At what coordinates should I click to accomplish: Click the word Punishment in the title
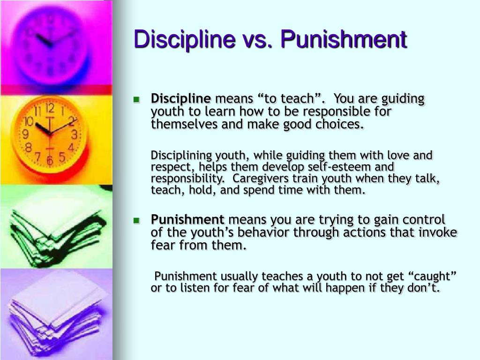[344, 39]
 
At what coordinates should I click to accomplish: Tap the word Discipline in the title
[185, 39]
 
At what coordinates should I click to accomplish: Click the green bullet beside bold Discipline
[136, 99]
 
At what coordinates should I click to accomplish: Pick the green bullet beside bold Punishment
[136, 220]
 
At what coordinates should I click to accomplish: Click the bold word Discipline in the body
[181, 99]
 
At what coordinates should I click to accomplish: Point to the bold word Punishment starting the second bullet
[187, 219]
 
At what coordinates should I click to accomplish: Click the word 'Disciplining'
[181, 156]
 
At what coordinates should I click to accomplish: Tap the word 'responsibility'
[187, 179]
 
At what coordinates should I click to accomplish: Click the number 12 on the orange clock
[50, 108]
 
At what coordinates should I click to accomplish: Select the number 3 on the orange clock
[74, 135]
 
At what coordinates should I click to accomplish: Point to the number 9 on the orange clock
[26, 134]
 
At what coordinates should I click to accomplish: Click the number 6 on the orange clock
[50, 160]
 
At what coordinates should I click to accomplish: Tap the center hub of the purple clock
[51, 45]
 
